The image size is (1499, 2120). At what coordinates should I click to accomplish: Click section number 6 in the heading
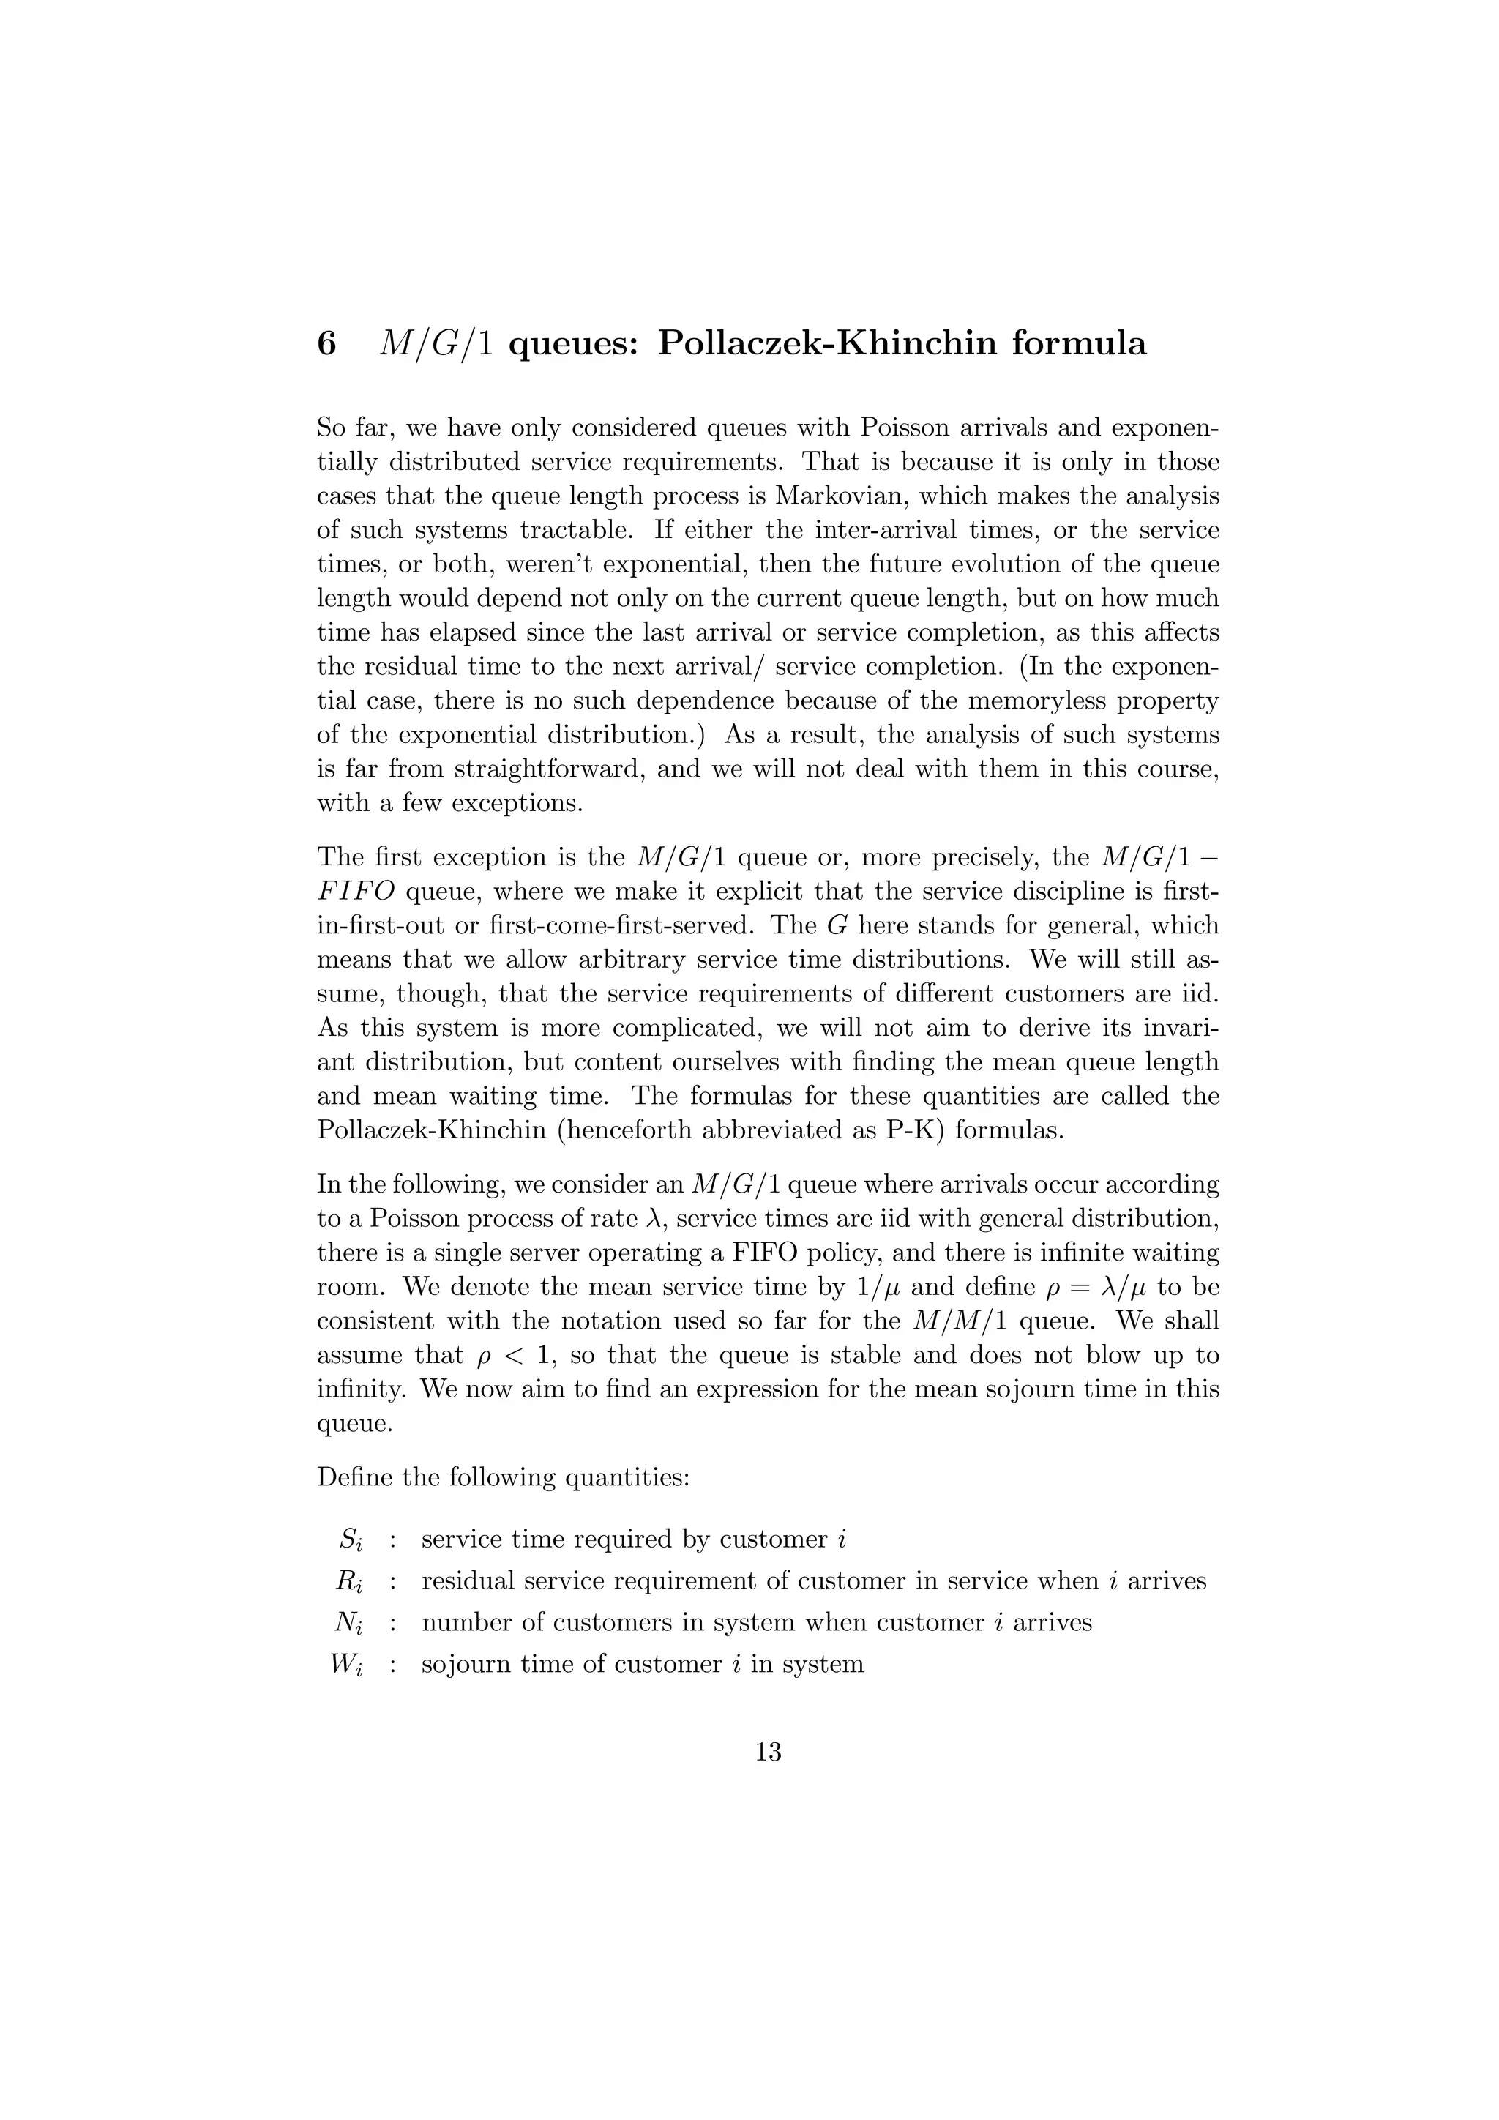click(326, 343)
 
